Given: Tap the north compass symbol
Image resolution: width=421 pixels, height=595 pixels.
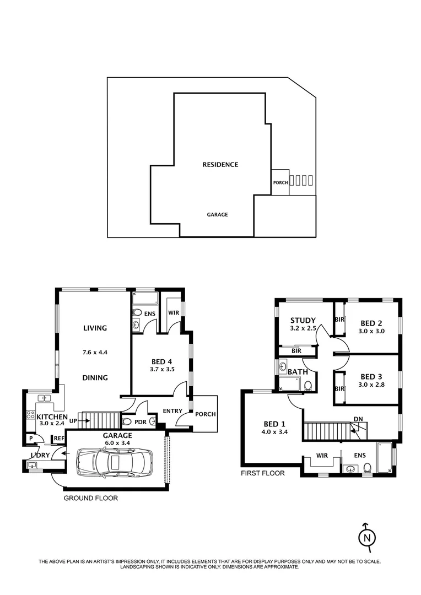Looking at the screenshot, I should (x=367, y=537).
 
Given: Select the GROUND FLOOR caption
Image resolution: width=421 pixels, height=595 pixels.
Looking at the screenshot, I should (x=90, y=498).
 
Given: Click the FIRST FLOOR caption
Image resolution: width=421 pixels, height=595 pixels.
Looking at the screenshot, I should (x=262, y=473).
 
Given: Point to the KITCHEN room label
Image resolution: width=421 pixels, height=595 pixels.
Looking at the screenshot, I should (x=52, y=417).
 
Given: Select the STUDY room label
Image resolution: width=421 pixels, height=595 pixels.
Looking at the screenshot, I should (x=303, y=320).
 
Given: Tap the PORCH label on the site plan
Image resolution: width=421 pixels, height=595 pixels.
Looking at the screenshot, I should (x=280, y=183).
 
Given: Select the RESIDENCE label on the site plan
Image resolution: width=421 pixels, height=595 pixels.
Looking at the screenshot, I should (x=220, y=164).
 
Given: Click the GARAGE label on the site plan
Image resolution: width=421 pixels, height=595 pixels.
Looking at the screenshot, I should (x=217, y=215).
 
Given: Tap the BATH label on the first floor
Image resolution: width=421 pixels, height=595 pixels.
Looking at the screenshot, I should (x=297, y=372).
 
